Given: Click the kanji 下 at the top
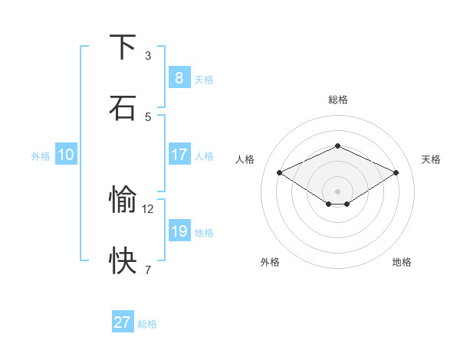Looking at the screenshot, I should pyautogui.click(x=123, y=47).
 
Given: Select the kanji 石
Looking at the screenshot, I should pyautogui.click(x=123, y=108).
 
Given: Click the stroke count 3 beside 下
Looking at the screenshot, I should pyautogui.click(x=148, y=55).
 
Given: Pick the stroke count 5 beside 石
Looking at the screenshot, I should pyautogui.click(x=148, y=116).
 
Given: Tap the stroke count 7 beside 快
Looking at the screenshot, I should pyautogui.click(x=148, y=270).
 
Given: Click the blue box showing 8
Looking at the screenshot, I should pyautogui.click(x=179, y=77).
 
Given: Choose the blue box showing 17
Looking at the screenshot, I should pyautogui.click(x=179, y=155).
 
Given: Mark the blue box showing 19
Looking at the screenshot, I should pyautogui.click(x=179, y=231).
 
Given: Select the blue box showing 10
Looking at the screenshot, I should pyautogui.click(x=65, y=155).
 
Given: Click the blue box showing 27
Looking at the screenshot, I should pyautogui.click(x=123, y=322).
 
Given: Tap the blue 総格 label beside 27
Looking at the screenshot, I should pyautogui.click(x=147, y=324).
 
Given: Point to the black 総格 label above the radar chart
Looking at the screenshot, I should pyautogui.click(x=337, y=100).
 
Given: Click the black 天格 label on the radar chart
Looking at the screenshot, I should pyautogui.click(x=432, y=159).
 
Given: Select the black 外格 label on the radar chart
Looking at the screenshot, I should pyautogui.click(x=270, y=262).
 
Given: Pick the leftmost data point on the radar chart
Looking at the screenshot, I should pyautogui.click(x=280, y=172).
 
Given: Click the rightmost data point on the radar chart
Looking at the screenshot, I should pyautogui.click(x=396, y=172).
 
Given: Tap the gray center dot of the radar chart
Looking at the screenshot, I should pyautogui.click(x=337, y=191).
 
